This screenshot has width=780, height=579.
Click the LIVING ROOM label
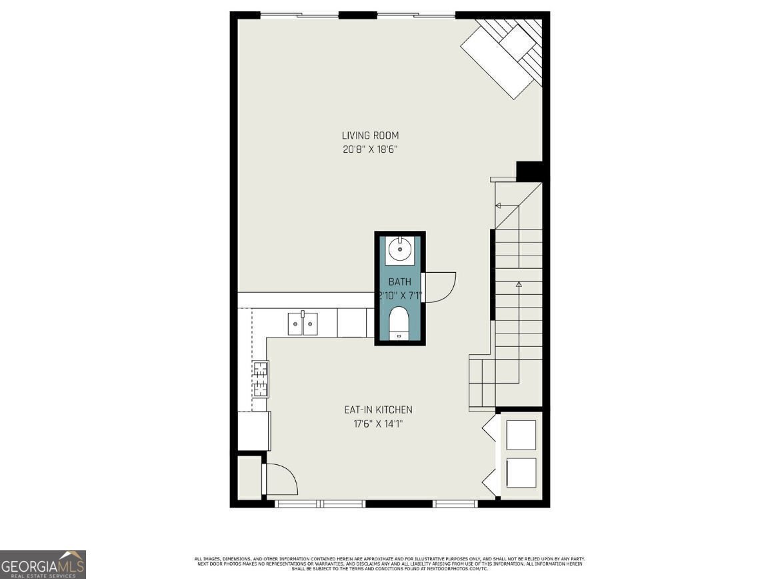tap(370, 135)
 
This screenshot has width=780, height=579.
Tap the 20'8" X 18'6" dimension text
tap(370, 150)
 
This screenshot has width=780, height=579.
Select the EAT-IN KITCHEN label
tap(378, 410)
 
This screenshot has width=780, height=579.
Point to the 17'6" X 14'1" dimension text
tap(378, 423)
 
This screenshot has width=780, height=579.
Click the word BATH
tap(400, 282)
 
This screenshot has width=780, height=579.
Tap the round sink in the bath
tap(400, 249)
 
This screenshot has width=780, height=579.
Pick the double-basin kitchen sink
tap(303, 323)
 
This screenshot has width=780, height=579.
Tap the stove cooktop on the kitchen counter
tap(260, 378)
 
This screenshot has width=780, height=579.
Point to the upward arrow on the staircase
tap(519, 285)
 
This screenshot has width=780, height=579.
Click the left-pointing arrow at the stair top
tap(498, 205)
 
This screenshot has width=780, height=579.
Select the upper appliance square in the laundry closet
tap(521, 435)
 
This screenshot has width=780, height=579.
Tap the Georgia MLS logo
tap(43, 564)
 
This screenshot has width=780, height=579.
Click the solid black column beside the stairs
tap(530, 171)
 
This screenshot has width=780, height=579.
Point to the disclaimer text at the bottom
tap(390, 564)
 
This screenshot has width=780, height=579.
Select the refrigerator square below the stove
tap(254, 431)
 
